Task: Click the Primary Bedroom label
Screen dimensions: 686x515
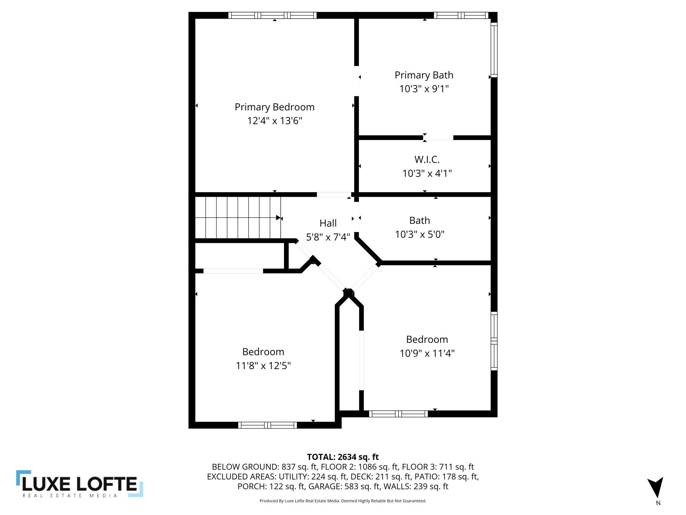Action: [274, 107]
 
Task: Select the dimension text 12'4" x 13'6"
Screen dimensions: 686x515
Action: [274, 121]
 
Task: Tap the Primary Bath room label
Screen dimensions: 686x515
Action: [424, 75]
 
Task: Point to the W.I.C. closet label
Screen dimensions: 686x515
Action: [427, 159]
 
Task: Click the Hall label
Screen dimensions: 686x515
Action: [328, 223]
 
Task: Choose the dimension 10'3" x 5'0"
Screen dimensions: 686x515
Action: [420, 234]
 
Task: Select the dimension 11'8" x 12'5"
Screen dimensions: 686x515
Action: [263, 366]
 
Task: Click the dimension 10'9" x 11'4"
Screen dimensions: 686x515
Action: [427, 353]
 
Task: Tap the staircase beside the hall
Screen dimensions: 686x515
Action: [238, 218]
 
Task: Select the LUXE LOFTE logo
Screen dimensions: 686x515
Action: [79, 484]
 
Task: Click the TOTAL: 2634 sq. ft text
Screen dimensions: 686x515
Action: [343, 457]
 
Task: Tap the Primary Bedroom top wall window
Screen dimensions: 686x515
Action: [272, 15]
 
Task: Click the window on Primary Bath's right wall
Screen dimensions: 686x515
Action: [494, 50]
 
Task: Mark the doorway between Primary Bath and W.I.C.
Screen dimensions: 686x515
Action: [439, 138]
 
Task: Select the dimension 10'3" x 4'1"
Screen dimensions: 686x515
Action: [427, 173]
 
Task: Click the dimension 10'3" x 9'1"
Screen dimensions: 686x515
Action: [424, 89]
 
